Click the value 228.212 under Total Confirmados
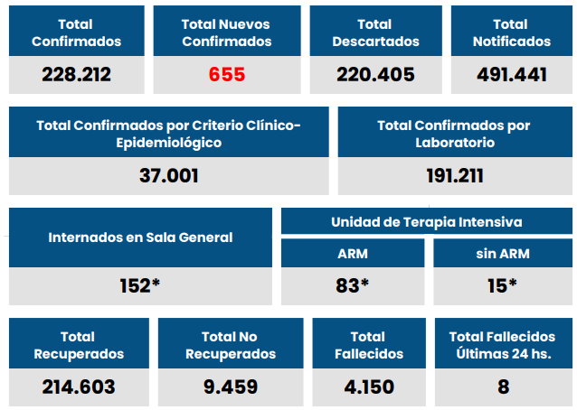click(76, 74)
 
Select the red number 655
click(226, 74)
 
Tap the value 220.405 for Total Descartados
click(374, 74)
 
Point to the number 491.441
click(511, 74)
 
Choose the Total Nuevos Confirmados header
click(226, 33)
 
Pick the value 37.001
click(169, 175)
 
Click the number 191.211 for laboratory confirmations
click(454, 175)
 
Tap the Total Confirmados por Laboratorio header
click(454, 134)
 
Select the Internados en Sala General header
click(140, 238)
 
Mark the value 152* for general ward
click(140, 285)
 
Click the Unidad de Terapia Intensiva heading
click(426, 222)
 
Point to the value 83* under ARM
click(353, 285)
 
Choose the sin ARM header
click(502, 254)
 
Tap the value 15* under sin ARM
click(502, 285)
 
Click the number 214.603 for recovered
click(79, 387)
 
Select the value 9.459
click(231, 387)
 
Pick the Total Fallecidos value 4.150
click(368, 387)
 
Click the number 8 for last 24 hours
click(503, 387)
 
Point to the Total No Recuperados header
click(231, 345)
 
